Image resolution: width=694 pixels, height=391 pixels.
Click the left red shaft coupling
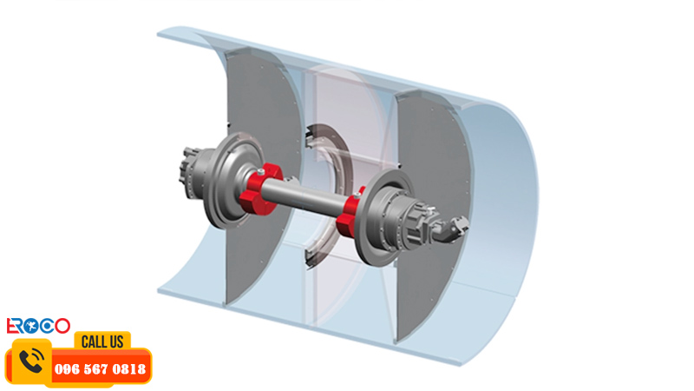[259, 190]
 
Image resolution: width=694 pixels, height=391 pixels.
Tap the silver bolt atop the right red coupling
[357, 195]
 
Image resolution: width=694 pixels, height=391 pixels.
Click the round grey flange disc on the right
[381, 216]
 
